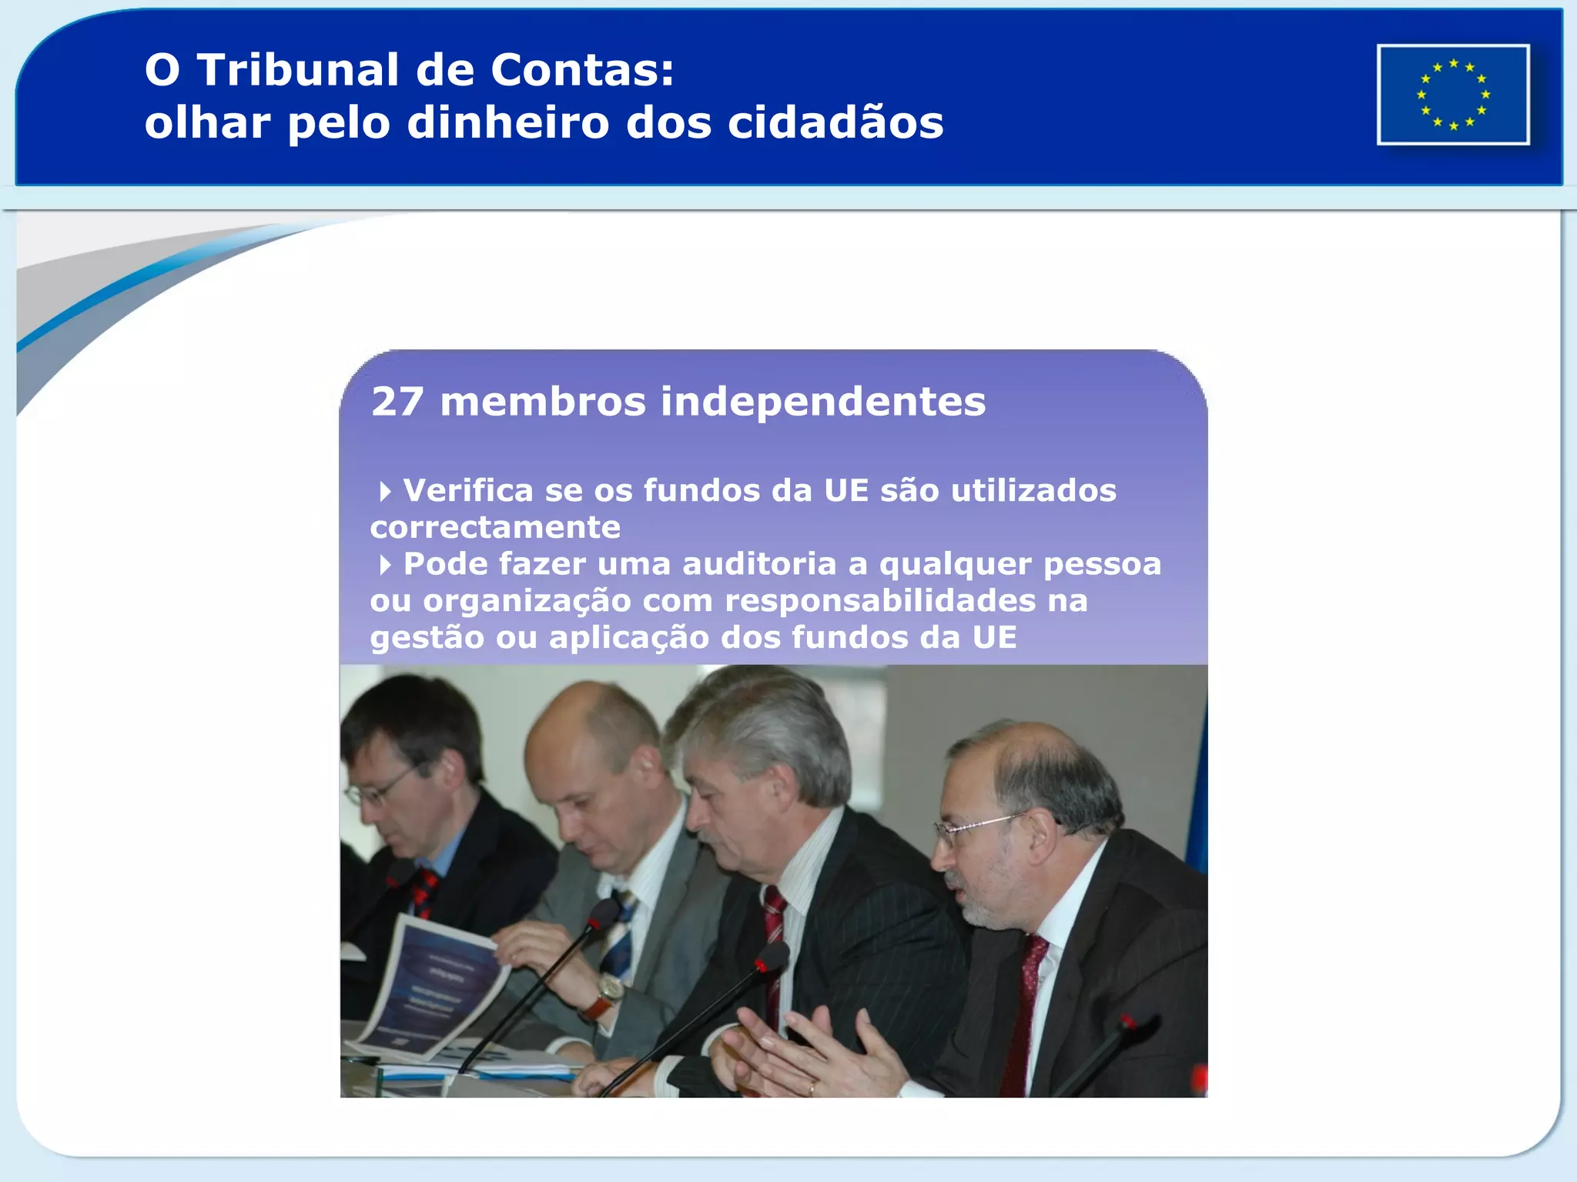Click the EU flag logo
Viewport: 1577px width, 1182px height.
coord(1453,95)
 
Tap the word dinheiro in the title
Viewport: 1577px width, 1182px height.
coord(507,123)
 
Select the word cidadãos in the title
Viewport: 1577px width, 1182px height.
coord(835,123)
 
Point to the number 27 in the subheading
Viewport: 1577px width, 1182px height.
coord(397,402)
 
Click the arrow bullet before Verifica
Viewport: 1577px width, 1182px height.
coord(385,491)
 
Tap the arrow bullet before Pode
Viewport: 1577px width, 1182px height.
coord(385,565)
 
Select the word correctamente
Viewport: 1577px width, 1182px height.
coord(495,528)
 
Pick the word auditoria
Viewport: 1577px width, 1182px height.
coord(759,564)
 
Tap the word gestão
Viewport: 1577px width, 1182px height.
coord(427,638)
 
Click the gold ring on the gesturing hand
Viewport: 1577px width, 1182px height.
coord(812,1087)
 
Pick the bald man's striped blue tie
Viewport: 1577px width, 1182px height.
coord(620,939)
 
